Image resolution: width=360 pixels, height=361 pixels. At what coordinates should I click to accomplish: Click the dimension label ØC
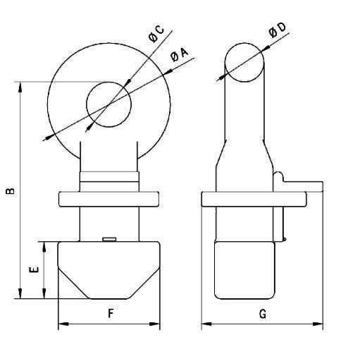pyautogui.click(x=156, y=34)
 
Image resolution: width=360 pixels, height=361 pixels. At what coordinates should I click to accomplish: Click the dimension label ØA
pyautogui.click(x=179, y=59)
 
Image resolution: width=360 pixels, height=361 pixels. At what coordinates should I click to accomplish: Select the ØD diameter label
pyautogui.click(x=277, y=32)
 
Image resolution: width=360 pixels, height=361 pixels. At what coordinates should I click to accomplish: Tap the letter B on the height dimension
pyautogui.click(x=9, y=190)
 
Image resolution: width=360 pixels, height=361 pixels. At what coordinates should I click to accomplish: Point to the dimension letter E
pyautogui.click(x=32, y=269)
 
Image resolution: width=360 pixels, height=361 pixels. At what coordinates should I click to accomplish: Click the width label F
pyautogui.click(x=110, y=314)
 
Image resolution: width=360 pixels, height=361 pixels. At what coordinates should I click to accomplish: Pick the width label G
pyautogui.click(x=262, y=314)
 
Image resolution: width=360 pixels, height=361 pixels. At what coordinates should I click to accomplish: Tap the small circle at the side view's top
pyautogui.click(x=245, y=59)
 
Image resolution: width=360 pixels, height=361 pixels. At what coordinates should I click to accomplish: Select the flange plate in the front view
pyautogui.click(x=108, y=200)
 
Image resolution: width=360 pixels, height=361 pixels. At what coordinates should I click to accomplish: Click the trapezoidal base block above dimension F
pyautogui.click(x=108, y=268)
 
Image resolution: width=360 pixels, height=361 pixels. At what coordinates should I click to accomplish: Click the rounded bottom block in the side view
pyautogui.click(x=245, y=268)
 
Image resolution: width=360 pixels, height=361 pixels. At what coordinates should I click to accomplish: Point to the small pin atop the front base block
pyautogui.click(x=108, y=239)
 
